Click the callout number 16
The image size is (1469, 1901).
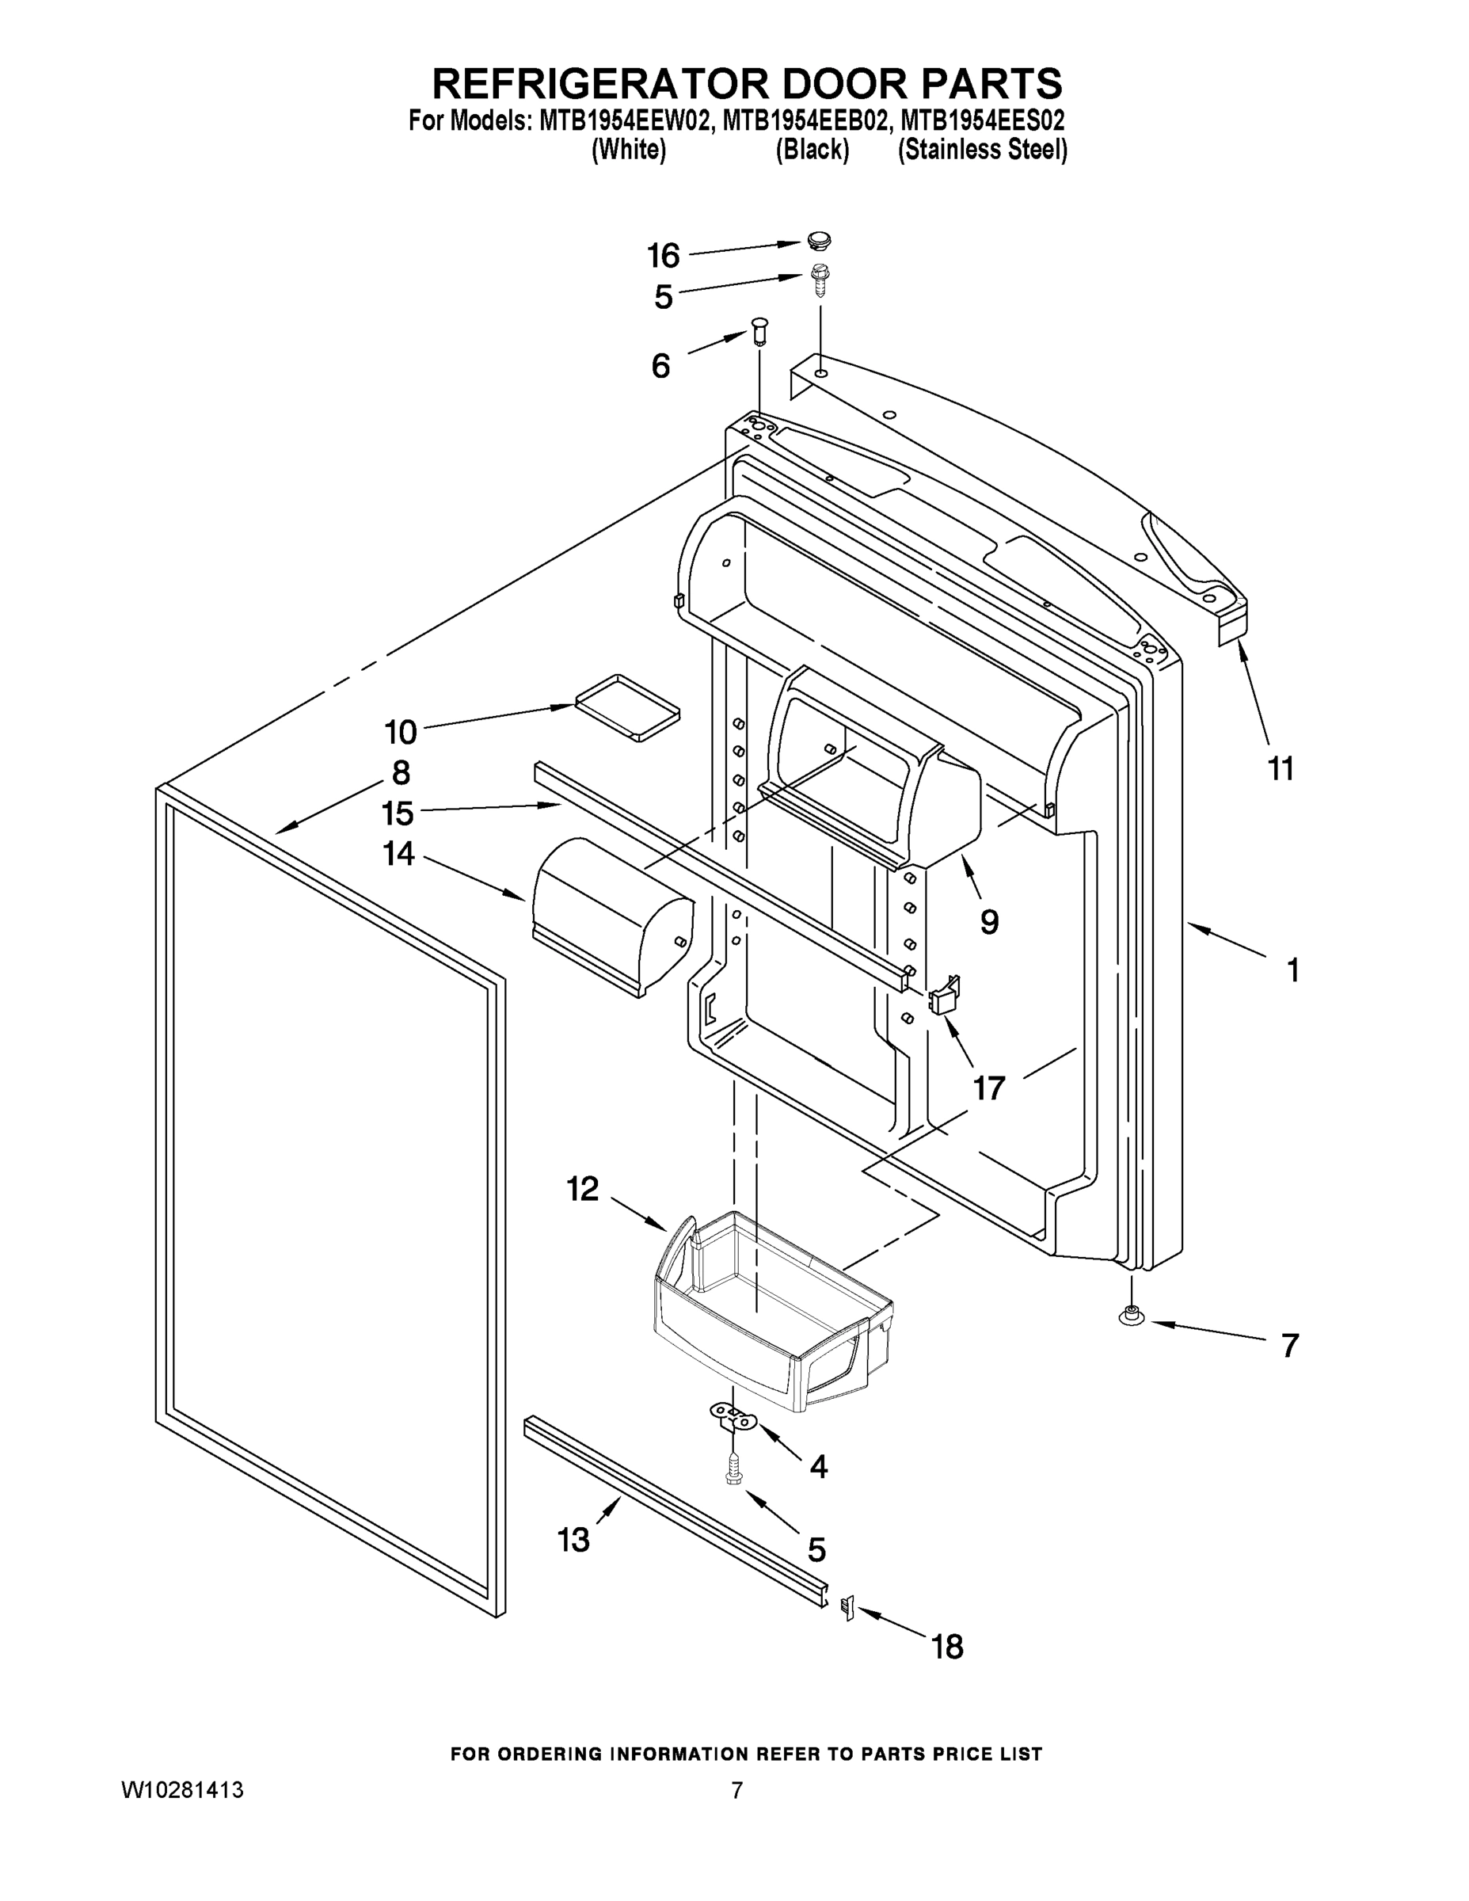pos(663,256)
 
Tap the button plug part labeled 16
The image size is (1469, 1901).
pos(818,238)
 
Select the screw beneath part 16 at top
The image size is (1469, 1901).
pos(816,280)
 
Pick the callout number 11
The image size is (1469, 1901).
pos(1281,768)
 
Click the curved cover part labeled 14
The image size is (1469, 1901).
pos(609,916)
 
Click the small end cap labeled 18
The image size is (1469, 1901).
pos(847,1608)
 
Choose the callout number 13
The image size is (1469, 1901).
pos(573,1540)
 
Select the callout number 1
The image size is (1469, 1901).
pos(1293,970)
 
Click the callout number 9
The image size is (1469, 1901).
pos(989,922)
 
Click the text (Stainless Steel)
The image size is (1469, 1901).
pos(982,150)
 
